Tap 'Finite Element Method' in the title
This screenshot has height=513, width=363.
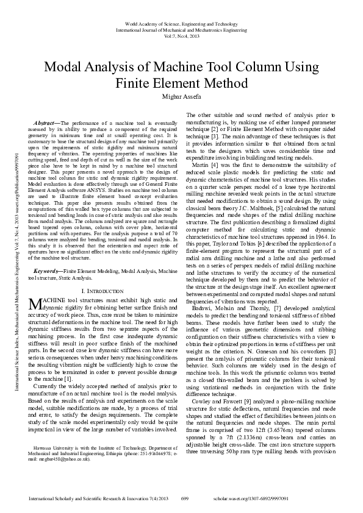pos(181,84)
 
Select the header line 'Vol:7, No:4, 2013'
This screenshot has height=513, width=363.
pos(181,37)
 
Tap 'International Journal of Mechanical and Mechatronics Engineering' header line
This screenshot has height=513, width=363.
pos(181,29)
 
